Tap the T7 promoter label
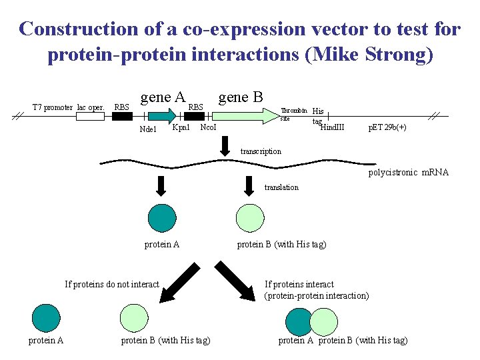tap(53, 107)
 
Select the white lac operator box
tap(90, 116)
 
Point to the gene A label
tap(162, 97)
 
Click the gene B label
tap(240, 97)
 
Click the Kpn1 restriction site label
tap(181, 127)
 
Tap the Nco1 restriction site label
tap(208, 127)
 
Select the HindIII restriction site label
tap(333, 127)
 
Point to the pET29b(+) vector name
tap(387, 127)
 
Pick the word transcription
tap(261, 151)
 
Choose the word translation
tap(281, 187)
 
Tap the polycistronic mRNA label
tap(409, 173)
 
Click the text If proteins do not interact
tap(112, 284)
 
